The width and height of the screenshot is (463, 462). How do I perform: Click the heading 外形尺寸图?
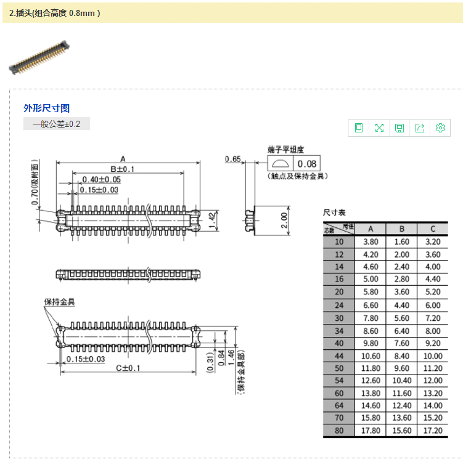tap(46, 108)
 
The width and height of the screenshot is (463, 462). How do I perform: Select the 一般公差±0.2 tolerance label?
tap(57, 124)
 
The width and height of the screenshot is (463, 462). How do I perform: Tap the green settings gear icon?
tap(440, 128)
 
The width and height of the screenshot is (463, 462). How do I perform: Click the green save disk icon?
tap(399, 128)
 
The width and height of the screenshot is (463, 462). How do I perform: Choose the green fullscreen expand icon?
tap(379, 128)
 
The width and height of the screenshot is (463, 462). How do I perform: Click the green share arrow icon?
tap(420, 128)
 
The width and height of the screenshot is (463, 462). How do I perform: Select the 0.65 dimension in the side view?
tap(232, 159)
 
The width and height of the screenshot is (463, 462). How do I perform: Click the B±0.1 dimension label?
tap(122, 169)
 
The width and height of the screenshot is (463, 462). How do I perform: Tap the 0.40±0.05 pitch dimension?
tap(101, 179)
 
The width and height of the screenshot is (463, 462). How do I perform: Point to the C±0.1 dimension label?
tap(128, 368)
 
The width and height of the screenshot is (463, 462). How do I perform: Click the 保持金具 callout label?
tap(60, 302)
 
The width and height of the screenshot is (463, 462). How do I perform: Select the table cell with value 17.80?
tap(371, 431)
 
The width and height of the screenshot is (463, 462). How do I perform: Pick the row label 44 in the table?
tap(339, 355)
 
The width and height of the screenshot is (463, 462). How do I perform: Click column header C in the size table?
tap(433, 229)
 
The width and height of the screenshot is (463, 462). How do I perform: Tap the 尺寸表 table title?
tap(335, 212)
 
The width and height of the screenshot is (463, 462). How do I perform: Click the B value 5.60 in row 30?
tap(401, 318)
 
